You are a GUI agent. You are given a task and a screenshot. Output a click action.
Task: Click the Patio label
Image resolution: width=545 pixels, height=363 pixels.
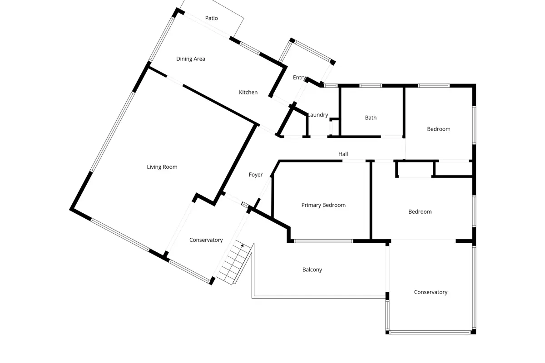[x=212, y=18]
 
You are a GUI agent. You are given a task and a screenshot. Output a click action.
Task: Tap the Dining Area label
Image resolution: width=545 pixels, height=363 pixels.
[x=190, y=59]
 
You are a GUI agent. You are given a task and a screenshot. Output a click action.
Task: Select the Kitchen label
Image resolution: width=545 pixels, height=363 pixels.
[x=248, y=93]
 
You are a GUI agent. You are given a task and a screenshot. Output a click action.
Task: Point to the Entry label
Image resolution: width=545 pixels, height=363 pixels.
[x=299, y=78]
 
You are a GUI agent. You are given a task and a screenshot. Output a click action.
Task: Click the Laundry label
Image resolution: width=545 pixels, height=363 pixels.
[x=318, y=115]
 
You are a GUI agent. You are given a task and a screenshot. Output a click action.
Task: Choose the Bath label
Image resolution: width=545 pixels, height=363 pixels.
[x=371, y=118]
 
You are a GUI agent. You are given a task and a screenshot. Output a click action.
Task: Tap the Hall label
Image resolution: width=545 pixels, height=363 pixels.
[x=343, y=154]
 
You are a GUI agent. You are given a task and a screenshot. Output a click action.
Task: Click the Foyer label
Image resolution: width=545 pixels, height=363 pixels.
[x=255, y=175]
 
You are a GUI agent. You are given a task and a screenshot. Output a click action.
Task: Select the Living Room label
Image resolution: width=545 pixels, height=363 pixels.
[x=162, y=167]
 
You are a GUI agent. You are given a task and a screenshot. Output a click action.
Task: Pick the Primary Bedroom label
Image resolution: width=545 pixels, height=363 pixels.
[x=323, y=205]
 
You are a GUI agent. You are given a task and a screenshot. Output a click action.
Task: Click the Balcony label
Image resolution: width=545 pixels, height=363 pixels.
[x=312, y=270]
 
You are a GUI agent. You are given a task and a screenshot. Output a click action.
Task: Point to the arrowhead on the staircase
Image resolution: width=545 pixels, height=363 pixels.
[x=242, y=245]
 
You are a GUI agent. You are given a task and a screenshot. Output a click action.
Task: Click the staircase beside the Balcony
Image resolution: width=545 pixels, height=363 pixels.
[x=234, y=262]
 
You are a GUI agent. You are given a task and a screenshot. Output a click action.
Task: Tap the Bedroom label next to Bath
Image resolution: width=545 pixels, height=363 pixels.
[x=439, y=129]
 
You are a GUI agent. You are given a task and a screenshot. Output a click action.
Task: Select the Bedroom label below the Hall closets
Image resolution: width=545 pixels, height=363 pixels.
[x=420, y=212]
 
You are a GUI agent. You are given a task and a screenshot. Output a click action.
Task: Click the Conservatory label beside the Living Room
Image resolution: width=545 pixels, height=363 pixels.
[x=206, y=240]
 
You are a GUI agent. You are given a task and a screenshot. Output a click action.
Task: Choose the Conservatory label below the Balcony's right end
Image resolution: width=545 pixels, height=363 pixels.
[x=431, y=292]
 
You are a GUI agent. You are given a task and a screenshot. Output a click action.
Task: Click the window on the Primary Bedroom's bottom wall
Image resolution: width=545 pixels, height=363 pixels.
[x=323, y=241]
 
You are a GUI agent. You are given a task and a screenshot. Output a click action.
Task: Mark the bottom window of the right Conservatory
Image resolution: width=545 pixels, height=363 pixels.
[x=430, y=332]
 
